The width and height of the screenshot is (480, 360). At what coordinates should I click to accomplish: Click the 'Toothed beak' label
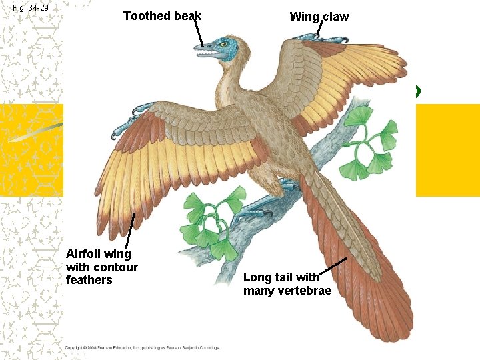[162, 15]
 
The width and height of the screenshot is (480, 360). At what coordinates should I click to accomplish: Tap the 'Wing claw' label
[319, 17]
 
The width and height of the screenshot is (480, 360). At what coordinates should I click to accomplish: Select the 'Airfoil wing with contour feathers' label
[101, 267]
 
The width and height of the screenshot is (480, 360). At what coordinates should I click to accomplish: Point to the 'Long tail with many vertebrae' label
[287, 284]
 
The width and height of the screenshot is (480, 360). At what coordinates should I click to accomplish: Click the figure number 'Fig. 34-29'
[31, 9]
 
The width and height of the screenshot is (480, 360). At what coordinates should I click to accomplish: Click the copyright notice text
[142, 347]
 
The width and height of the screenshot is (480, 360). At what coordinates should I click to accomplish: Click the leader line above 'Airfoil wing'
[131, 230]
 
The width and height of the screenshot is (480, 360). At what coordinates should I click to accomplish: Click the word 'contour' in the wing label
[112, 267]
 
